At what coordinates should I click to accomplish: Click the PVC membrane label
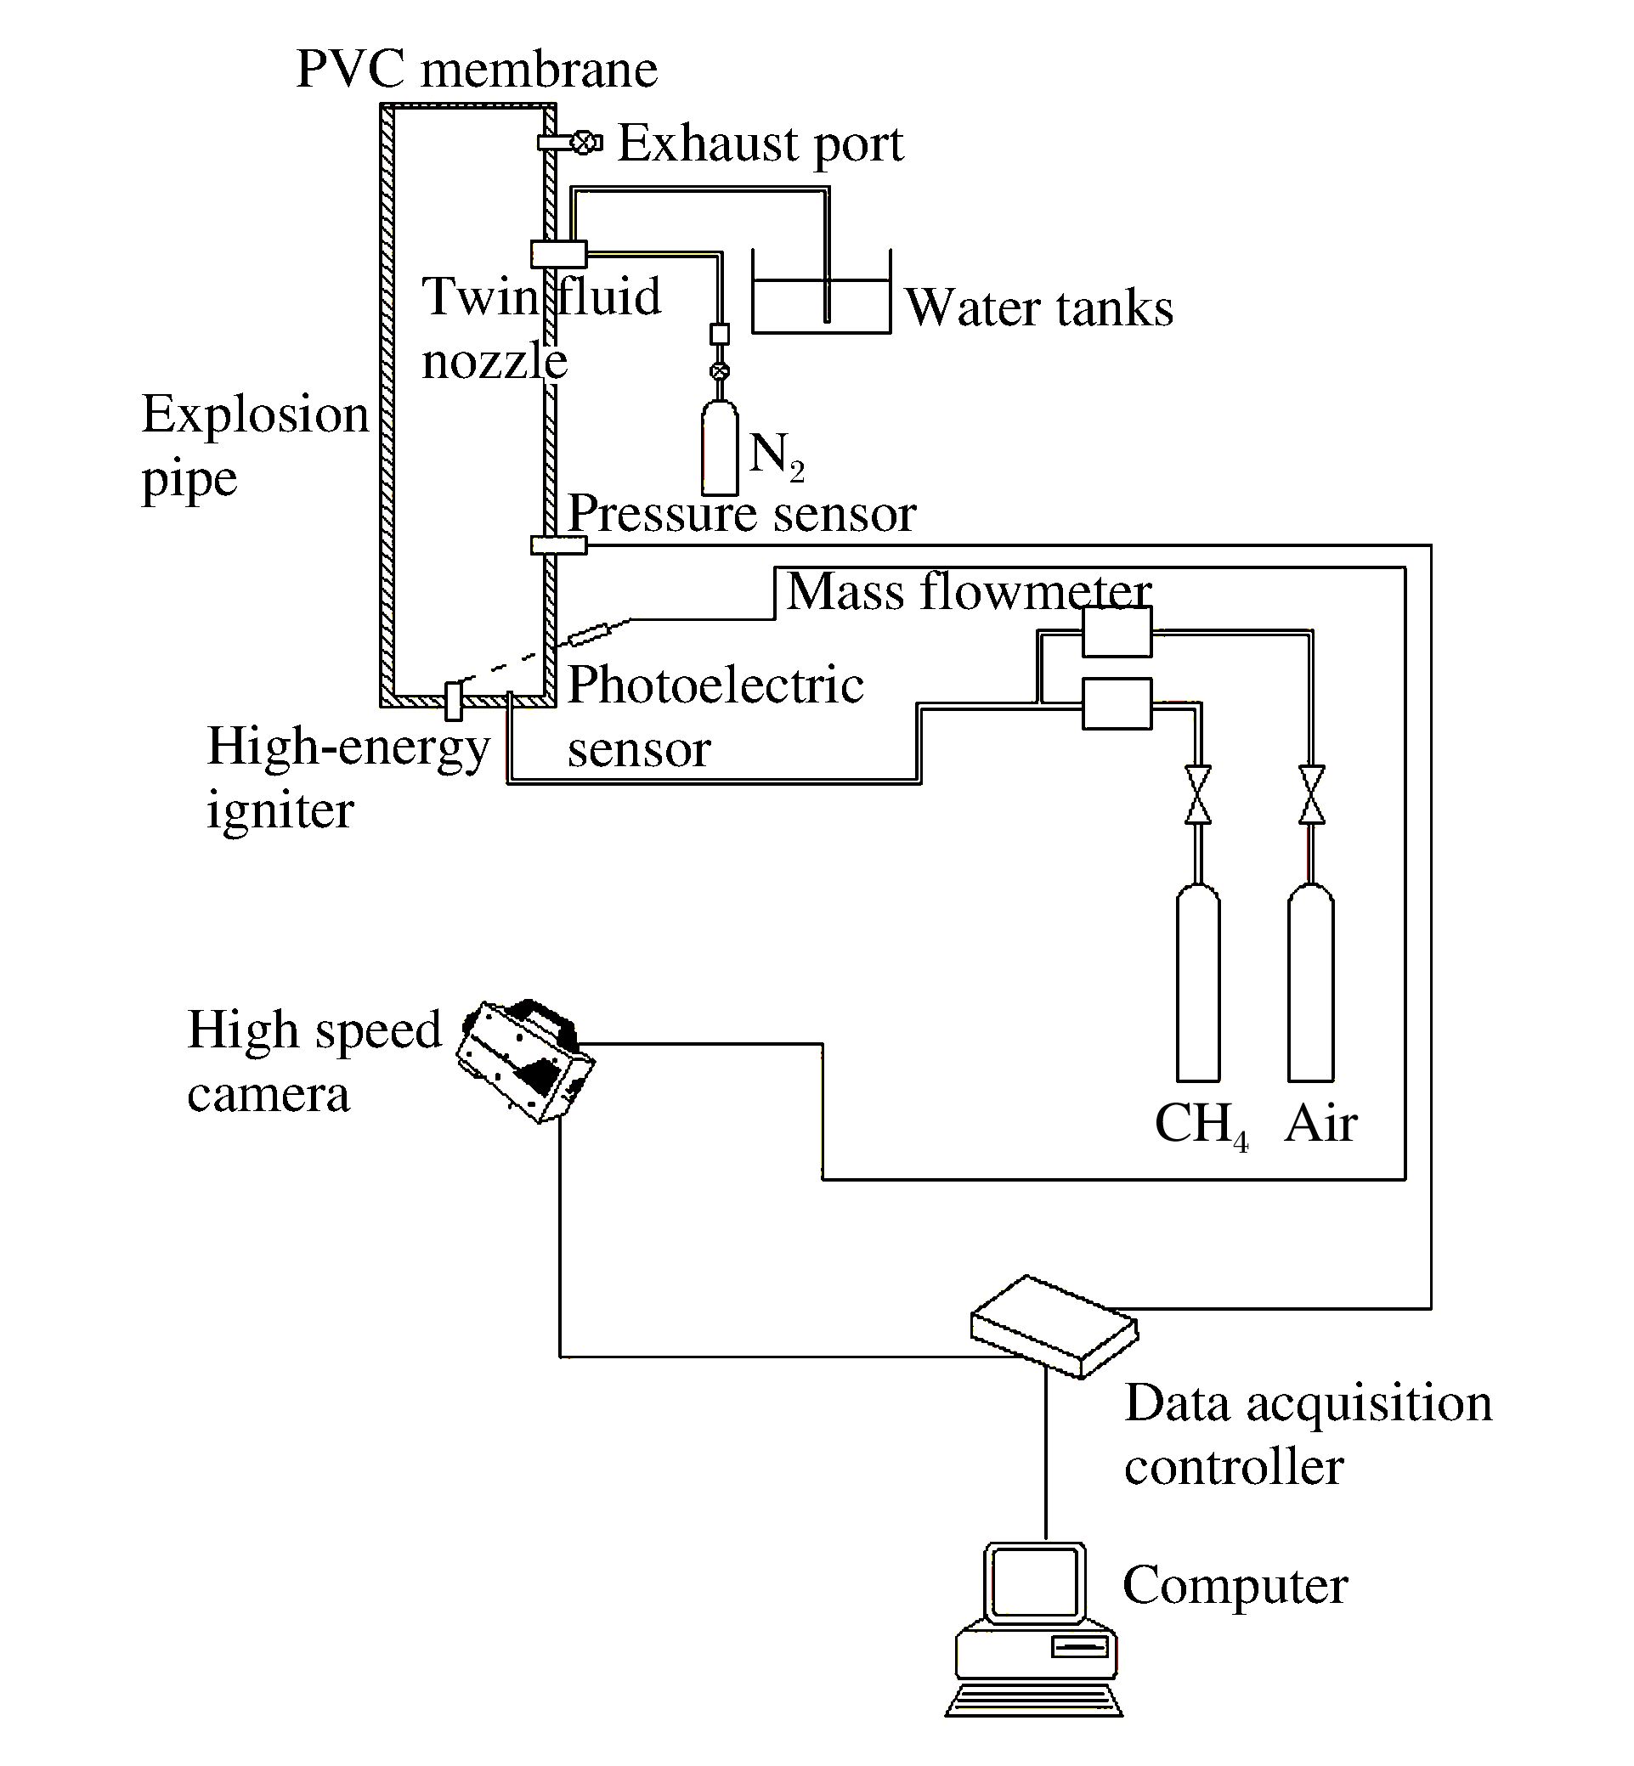click(x=477, y=69)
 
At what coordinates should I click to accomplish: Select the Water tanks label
click(x=1039, y=307)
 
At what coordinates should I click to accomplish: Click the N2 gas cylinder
click(x=720, y=446)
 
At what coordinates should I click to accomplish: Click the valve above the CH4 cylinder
click(x=1198, y=794)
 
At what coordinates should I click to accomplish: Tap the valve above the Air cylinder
click(x=1311, y=794)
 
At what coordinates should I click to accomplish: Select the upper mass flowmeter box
click(x=1117, y=631)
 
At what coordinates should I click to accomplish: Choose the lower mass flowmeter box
click(x=1117, y=703)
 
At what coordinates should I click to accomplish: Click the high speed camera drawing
click(x=525, y=1061)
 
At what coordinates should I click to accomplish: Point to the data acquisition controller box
click(x=1054, y=1326)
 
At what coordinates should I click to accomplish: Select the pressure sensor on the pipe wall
click(x=559, y=545)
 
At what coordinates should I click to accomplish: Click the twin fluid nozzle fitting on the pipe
click(x=559, y=254)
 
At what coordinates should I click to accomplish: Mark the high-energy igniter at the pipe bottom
click(x=454, y=701)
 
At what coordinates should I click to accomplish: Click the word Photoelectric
click(x=715, y=685)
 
